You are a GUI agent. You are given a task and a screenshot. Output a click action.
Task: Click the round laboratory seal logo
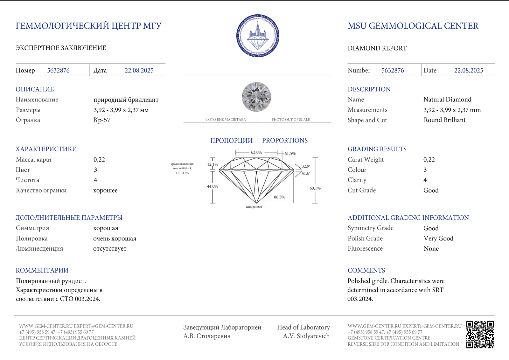point(258,36)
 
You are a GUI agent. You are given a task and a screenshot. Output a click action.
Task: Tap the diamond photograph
point(256,97)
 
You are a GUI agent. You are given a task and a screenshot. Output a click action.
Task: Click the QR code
point(480,334)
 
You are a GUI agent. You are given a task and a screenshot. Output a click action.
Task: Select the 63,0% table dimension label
point(256,152)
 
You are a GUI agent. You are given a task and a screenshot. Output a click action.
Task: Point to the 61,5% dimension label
point(290,154)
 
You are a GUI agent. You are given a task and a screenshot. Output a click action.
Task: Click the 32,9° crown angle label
point(306,166)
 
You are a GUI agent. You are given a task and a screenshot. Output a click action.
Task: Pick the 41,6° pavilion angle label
point(306,173)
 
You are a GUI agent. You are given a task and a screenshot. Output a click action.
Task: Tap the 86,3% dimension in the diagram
point(279,197)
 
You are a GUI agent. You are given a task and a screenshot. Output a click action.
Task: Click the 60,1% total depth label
point(315,188)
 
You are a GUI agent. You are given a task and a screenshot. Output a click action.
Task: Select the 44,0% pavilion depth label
point(213,186)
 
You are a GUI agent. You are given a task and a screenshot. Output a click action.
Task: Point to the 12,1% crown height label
point(213,164)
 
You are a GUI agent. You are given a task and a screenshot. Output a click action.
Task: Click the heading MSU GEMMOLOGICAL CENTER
point(413,26)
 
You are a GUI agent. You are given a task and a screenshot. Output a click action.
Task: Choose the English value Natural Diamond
point(447,100)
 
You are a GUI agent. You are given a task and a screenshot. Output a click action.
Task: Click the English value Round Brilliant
point(444,120)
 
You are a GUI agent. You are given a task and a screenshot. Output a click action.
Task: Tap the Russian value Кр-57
point(102,120)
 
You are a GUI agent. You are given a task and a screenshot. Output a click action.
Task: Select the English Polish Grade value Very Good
point(438,239)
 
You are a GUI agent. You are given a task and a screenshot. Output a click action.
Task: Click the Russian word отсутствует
point(110,249)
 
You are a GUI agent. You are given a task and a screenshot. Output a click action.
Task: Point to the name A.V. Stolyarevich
point(306,336)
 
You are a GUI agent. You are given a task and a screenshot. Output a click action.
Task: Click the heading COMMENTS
point(366,270)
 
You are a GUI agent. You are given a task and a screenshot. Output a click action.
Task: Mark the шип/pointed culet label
point(254,207)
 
